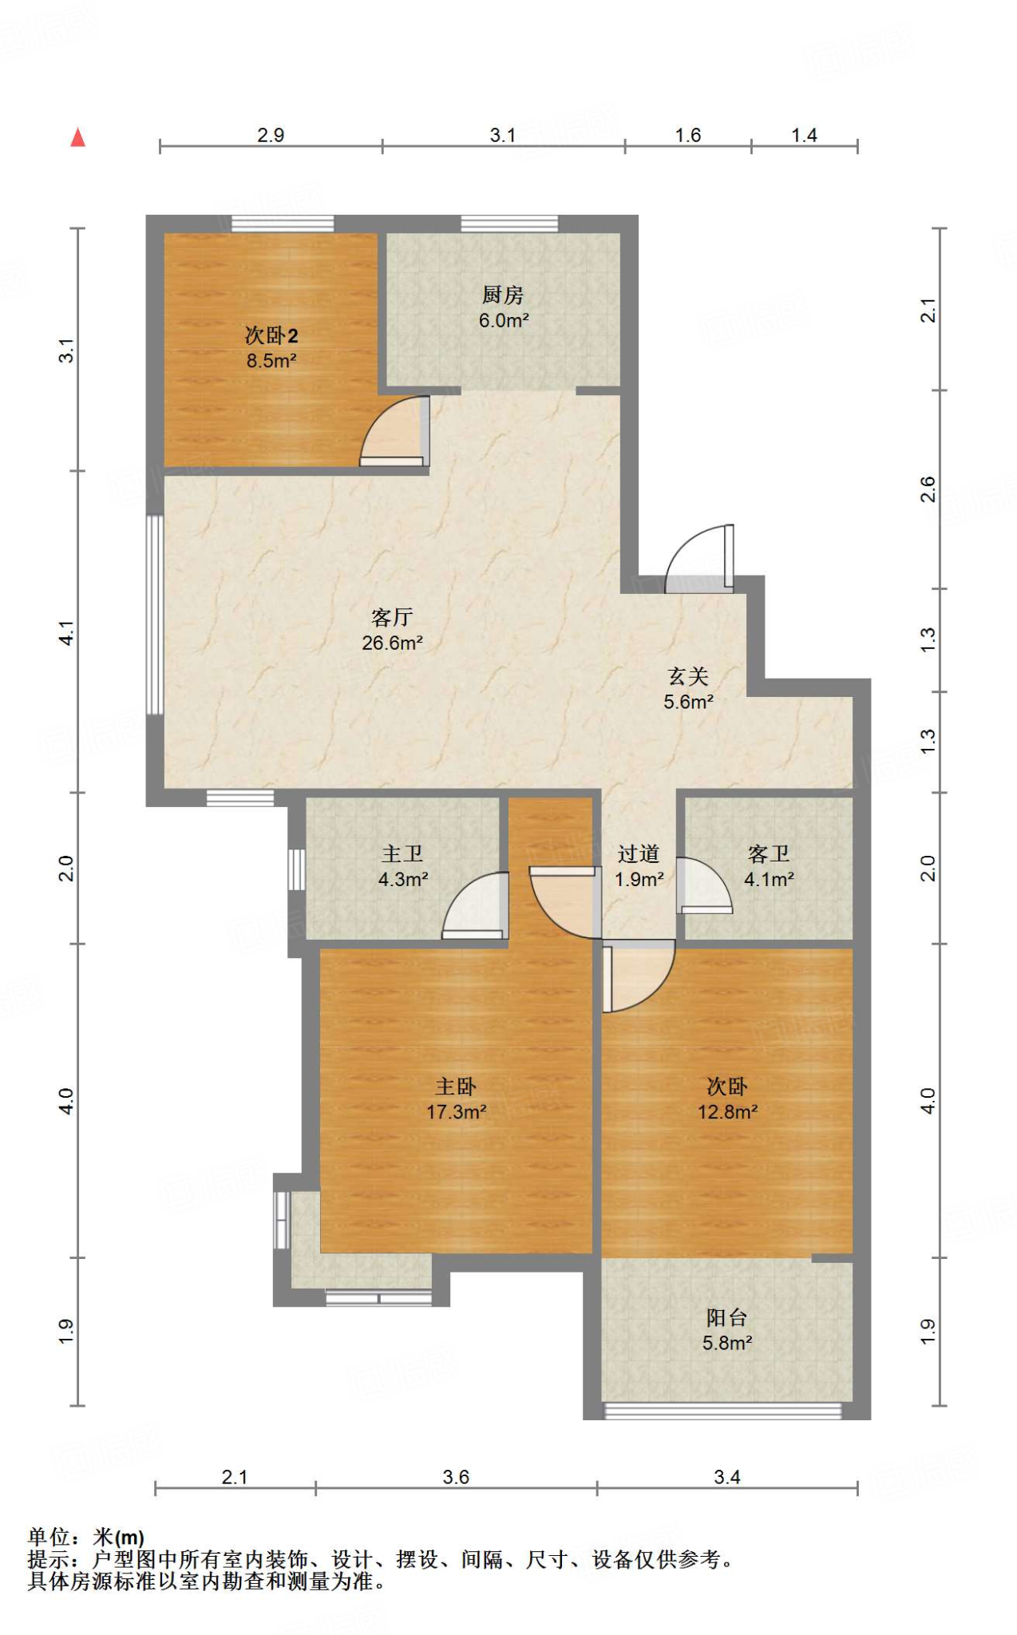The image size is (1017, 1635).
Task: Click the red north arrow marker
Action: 77,138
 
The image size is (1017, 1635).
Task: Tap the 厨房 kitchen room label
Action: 503,295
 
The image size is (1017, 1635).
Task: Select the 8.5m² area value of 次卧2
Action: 271,361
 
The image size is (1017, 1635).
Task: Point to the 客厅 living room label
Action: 392,617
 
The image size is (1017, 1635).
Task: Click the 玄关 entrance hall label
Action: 688,677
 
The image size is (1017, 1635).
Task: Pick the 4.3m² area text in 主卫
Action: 403,880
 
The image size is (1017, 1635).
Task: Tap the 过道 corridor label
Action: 639,854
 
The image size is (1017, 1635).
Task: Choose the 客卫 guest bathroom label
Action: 769,854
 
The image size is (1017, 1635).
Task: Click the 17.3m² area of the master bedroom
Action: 456,1112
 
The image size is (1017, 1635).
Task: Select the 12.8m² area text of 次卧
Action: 727,1112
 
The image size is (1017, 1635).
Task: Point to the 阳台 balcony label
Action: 727,1318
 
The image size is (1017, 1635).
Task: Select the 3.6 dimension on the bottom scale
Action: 456,1478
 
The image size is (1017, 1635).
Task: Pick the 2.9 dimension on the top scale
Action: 271,135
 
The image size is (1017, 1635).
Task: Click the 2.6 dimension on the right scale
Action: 928,489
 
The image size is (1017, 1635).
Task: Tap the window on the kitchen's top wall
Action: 509,224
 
